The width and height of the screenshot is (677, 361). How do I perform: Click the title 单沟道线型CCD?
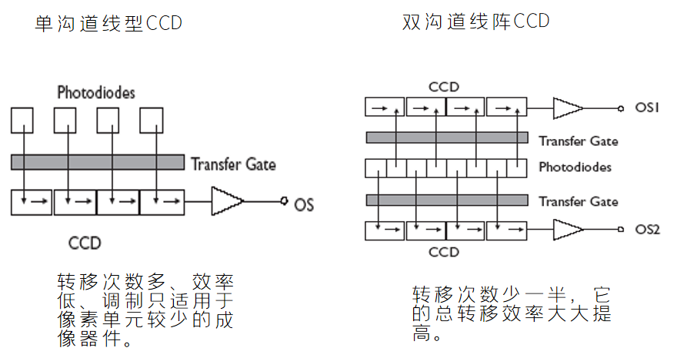point(108,24)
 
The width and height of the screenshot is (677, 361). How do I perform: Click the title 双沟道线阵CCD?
point(476,22)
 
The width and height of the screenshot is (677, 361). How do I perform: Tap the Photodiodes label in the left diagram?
point(96,93)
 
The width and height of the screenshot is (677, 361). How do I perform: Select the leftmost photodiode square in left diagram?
point(22,119)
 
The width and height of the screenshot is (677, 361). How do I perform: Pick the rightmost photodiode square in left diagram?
point(152,119)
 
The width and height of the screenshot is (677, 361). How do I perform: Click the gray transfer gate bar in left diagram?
point(98,162)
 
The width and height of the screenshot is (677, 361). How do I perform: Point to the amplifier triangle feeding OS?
point(226,203)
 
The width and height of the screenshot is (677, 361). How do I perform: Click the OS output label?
point(304,204)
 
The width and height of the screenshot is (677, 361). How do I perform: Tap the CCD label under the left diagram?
point(85,243)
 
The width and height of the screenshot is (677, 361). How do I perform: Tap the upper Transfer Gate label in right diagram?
point(578,141)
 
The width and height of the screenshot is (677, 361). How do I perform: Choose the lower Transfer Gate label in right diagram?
point(578,201)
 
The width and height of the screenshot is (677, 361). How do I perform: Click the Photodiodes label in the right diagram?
point(575,167)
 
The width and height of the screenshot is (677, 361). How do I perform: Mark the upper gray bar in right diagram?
point(446,137)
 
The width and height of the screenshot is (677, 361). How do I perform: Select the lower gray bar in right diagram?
point(446,200)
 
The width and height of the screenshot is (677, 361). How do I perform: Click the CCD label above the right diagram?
point(444,88)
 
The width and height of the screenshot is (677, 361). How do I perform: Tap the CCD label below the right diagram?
point(444,252)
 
